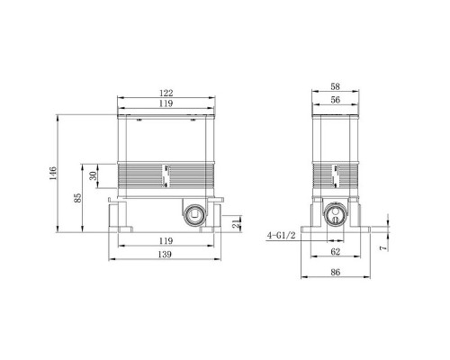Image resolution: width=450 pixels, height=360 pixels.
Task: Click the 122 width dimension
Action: click(166, 92)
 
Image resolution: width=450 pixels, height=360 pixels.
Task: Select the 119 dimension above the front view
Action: click(166, 104)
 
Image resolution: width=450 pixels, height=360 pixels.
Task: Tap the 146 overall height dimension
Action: click(54, 170)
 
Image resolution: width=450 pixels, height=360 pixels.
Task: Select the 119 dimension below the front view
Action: click(166, 241)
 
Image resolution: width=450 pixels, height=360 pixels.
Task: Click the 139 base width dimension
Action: click(166, 256)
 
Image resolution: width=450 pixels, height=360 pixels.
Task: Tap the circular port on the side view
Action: click(334, 214)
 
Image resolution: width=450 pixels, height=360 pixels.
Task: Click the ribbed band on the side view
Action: click(335, 176)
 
